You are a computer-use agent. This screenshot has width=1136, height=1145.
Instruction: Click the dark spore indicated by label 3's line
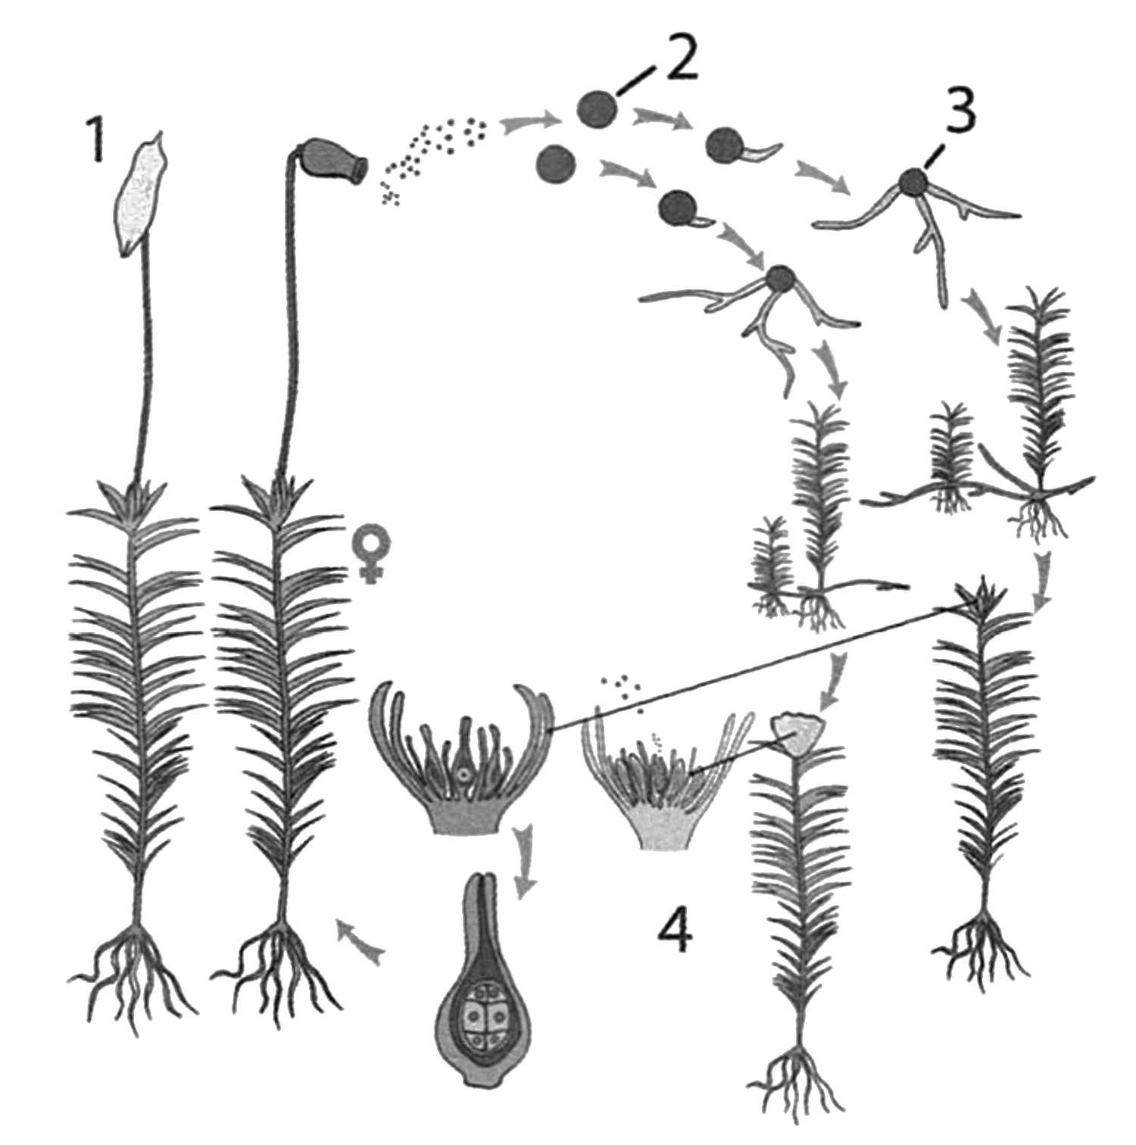point(913,183)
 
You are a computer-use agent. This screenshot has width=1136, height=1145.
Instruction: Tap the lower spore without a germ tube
point(556,164)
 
